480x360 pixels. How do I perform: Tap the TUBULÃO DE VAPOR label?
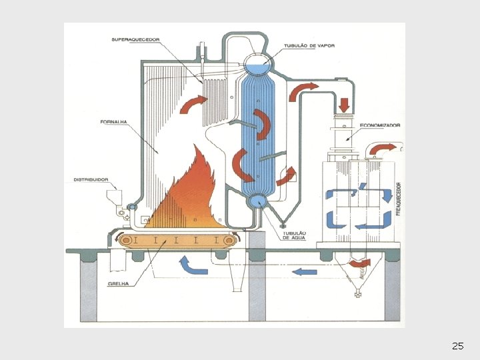[309, 46]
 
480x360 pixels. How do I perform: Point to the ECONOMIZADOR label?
[379, 125]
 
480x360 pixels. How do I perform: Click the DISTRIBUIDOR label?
[91, 179]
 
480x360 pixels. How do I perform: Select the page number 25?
[457, 346]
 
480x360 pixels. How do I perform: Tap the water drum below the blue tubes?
[257, 200]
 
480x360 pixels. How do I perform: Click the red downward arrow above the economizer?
[345, 105]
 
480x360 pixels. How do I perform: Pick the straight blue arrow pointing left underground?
[304, 271]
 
